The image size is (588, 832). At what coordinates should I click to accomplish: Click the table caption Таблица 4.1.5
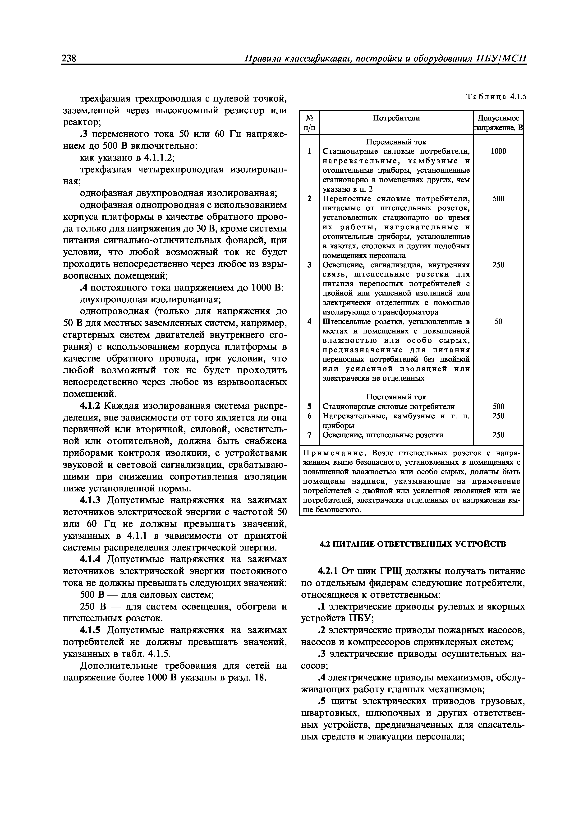496,97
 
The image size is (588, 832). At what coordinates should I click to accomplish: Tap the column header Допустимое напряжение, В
498,123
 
